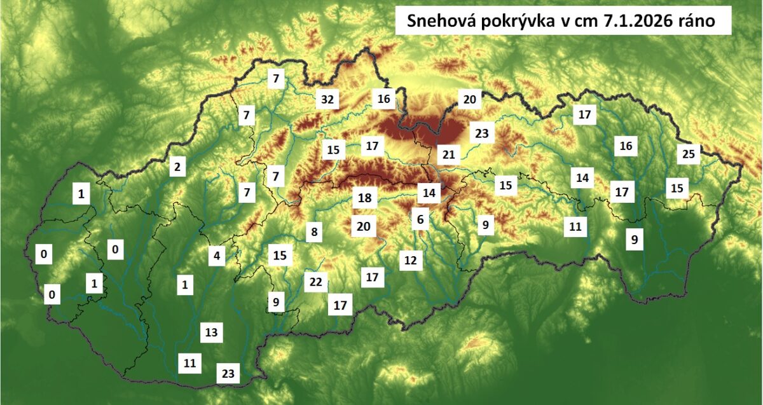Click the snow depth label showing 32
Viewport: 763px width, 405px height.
pyautogui.click(x=327, y=100)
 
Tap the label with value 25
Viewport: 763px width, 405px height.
pyautogui.click(x=689, y=153)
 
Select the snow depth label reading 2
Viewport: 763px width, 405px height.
pyautogui.click(x=177, y=168)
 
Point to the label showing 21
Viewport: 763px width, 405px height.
pyautogui.click(x=450, y=154)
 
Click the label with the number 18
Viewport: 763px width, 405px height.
pyautogui.click(x=364, y=198)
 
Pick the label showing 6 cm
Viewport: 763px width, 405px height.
pyautogui.click(x=420, y=219)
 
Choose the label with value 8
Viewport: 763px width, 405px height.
pyautogui.click(x=313, y=232)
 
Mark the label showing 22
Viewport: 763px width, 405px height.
pyautogui.click(x=315, y=282)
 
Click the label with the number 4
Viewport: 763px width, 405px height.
pyautogui.click(x=217, y=257)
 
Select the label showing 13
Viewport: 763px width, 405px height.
pyautogui.click(x=212, y=332)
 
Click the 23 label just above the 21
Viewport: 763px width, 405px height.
pyautogui.click(x=481, y=134)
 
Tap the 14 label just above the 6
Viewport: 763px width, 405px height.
pyautogui.click(x=430, y=192)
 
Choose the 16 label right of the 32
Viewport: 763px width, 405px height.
pyautogui.click(x=383, y=99)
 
